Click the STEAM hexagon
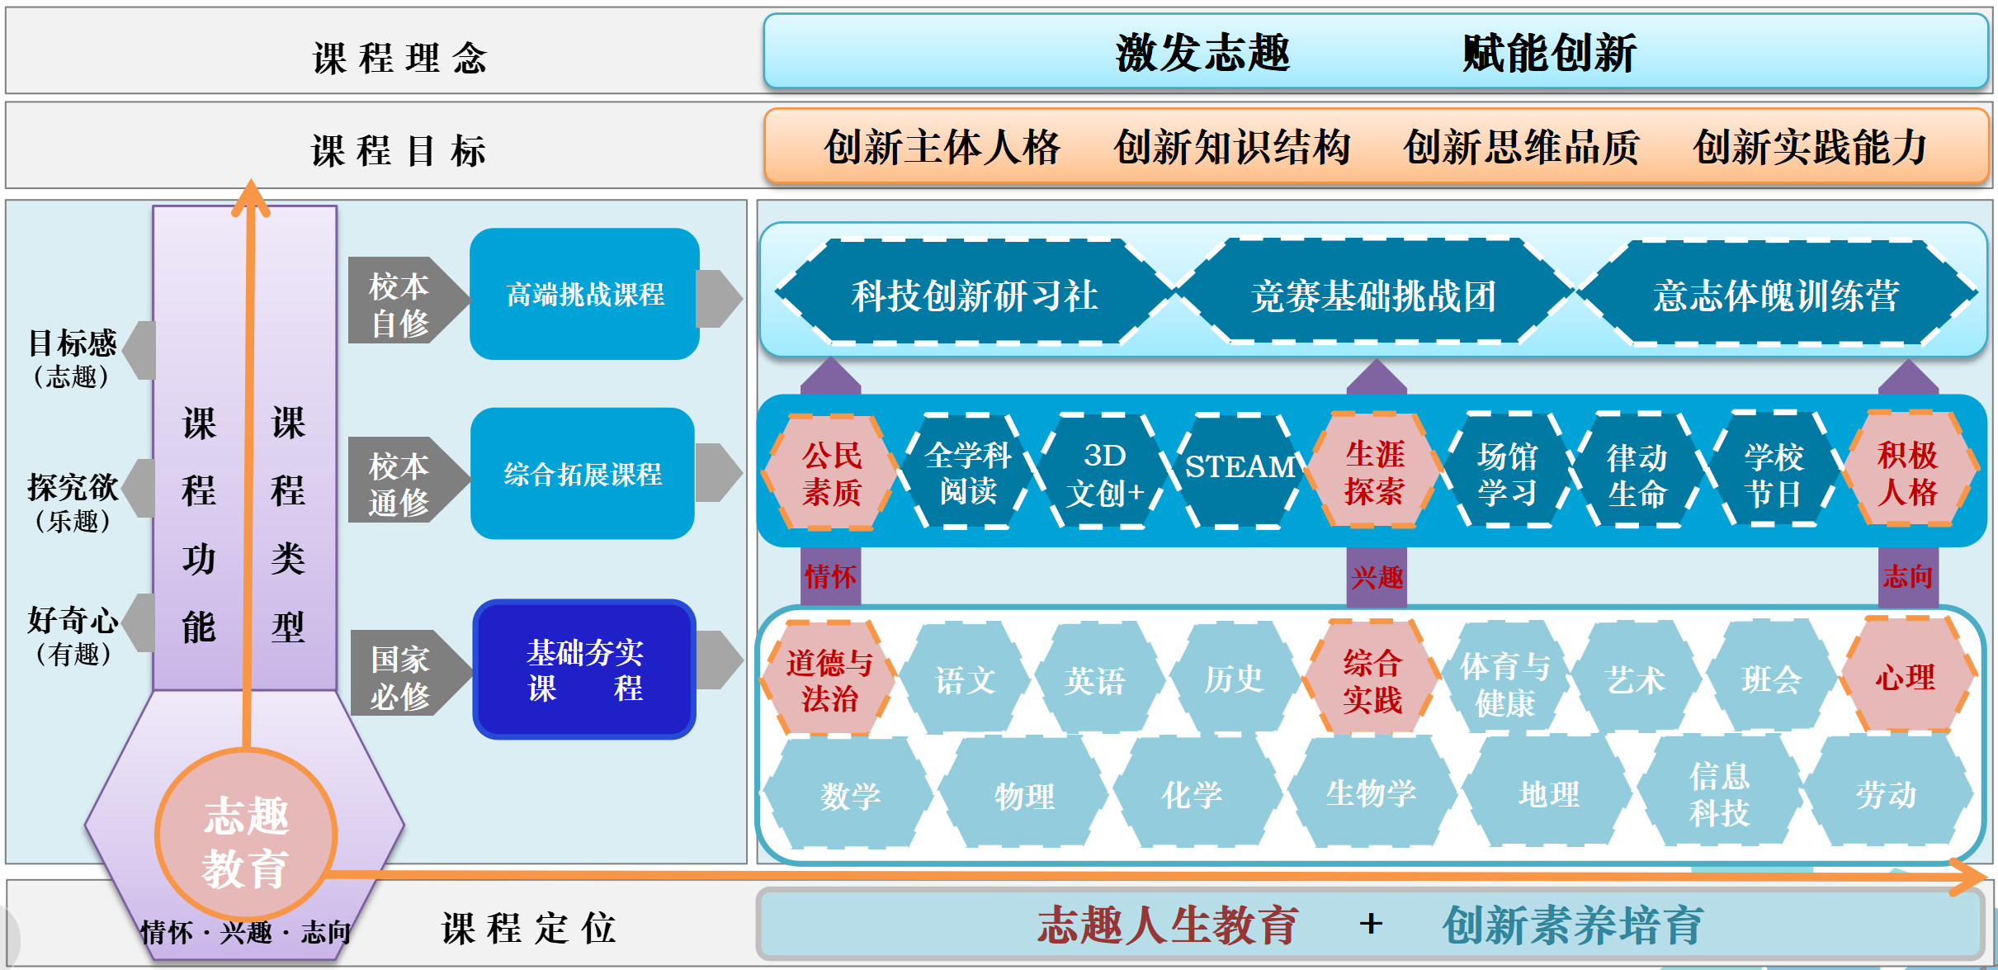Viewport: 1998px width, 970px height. pyautogui.click(x=1238, y=469)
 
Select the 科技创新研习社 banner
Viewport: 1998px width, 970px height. pyautogui.click(x=974, y=293)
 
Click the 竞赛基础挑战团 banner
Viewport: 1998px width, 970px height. pyautogui.click(x=1373, y=293)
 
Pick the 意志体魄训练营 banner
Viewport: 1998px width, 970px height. pyautogui.click(x=1776, y=293)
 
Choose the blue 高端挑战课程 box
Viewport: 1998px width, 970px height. pyautogui.click(x=584, y=294)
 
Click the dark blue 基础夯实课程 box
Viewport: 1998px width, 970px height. pyautogui.click(x=584, y=670)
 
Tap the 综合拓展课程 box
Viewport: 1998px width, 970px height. pyautogui.click(x=583, y=474)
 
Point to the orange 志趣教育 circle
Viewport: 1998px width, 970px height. pyautogui.click(x=246, y=835)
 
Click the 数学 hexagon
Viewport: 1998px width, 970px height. pyautogui.click(x=849, y=794)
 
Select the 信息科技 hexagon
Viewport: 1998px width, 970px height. pyautogui.click(x=1719, y=793)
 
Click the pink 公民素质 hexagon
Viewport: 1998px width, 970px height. pyautogui.click(x=831, y=472)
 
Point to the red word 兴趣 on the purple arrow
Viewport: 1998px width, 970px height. pyautogui.click(x=1377, y=577)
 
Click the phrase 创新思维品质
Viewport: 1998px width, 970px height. pyautogui.click(x=1520, y=147)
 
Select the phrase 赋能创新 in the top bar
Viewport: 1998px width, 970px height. pyautogui.click(x=1549, y=53)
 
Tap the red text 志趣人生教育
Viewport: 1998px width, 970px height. pyautogui.click(x=1167, y=925)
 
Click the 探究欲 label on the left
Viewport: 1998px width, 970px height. pyautogui.click(x=73, y=487)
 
